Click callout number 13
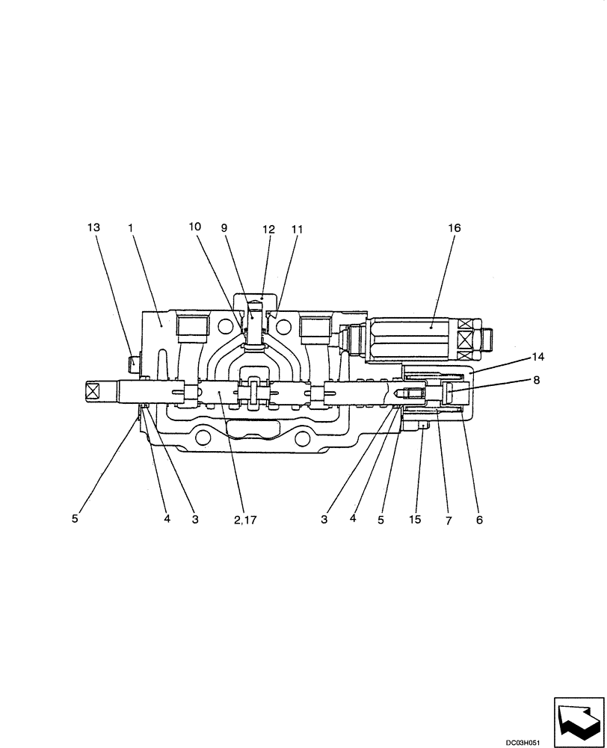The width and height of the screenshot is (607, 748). (x=93, y=227)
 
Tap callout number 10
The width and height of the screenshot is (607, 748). (x=194, y=227)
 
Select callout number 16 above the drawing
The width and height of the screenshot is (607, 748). (x=454, y=227)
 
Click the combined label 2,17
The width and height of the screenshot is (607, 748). (x=244, y=519)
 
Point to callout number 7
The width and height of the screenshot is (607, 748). (x=449, y=519)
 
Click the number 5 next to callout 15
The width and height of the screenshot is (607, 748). (x=380, y=519)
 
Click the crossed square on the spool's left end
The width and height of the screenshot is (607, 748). (x=93, y=390)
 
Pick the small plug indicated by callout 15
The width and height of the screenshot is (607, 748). (x=422, y=425)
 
